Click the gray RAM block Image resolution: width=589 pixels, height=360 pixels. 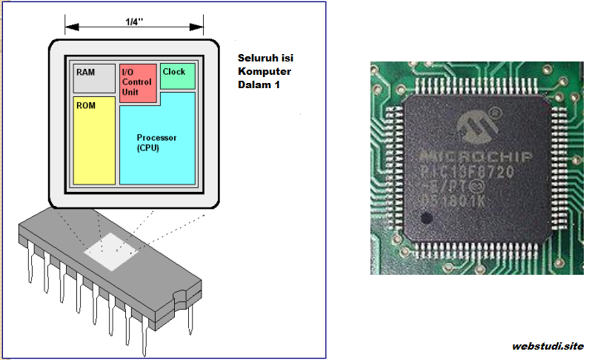point(94,78)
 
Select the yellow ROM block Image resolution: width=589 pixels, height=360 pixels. point(94,141)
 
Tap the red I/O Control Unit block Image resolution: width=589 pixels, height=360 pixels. point(138,83)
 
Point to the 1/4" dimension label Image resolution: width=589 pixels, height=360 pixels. point(134,24)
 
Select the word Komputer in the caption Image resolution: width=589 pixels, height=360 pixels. point(264,71)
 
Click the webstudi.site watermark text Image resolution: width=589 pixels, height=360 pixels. point(547,346)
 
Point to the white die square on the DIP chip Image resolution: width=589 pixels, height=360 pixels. point(111,250)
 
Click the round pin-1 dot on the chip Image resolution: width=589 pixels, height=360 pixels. point(425,219)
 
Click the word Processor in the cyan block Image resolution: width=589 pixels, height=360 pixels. point(157,138)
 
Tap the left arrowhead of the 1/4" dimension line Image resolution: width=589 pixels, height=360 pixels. point(69,27)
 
